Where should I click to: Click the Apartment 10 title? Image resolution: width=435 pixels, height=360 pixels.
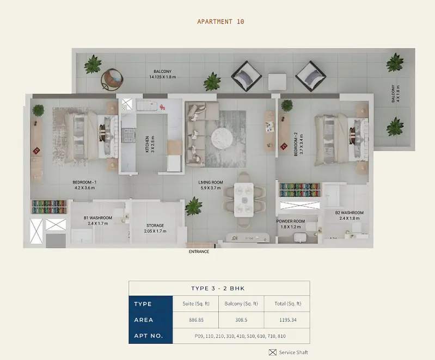220,22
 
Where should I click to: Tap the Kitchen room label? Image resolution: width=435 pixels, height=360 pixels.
148,144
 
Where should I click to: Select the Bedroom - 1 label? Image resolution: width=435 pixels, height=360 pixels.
84,182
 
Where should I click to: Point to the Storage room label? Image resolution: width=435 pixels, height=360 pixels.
155,226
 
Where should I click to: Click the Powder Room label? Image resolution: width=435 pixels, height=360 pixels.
291,221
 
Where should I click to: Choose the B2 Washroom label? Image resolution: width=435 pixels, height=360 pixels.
350,213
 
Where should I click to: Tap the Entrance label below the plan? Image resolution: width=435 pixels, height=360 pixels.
199,252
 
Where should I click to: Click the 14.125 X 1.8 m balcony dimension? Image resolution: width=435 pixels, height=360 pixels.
163,77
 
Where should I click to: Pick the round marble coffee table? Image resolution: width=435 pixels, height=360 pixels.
222,138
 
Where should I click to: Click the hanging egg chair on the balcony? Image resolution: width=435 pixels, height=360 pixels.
112,79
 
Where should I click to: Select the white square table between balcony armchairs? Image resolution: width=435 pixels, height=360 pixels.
278,82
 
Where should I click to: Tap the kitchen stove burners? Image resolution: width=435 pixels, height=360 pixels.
128,135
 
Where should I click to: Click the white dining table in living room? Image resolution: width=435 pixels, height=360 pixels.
244,200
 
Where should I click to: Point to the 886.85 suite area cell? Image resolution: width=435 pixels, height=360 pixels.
196,320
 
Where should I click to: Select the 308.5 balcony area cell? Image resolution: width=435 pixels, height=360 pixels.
241,320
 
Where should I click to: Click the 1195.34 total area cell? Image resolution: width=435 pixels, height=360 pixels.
287,320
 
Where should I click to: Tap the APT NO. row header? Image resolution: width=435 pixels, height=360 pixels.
148,336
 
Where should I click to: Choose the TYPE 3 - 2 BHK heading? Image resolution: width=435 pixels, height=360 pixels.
218,289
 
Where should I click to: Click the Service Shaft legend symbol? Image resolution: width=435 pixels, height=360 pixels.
273,352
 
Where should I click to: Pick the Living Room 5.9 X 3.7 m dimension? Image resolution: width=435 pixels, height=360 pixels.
211,188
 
